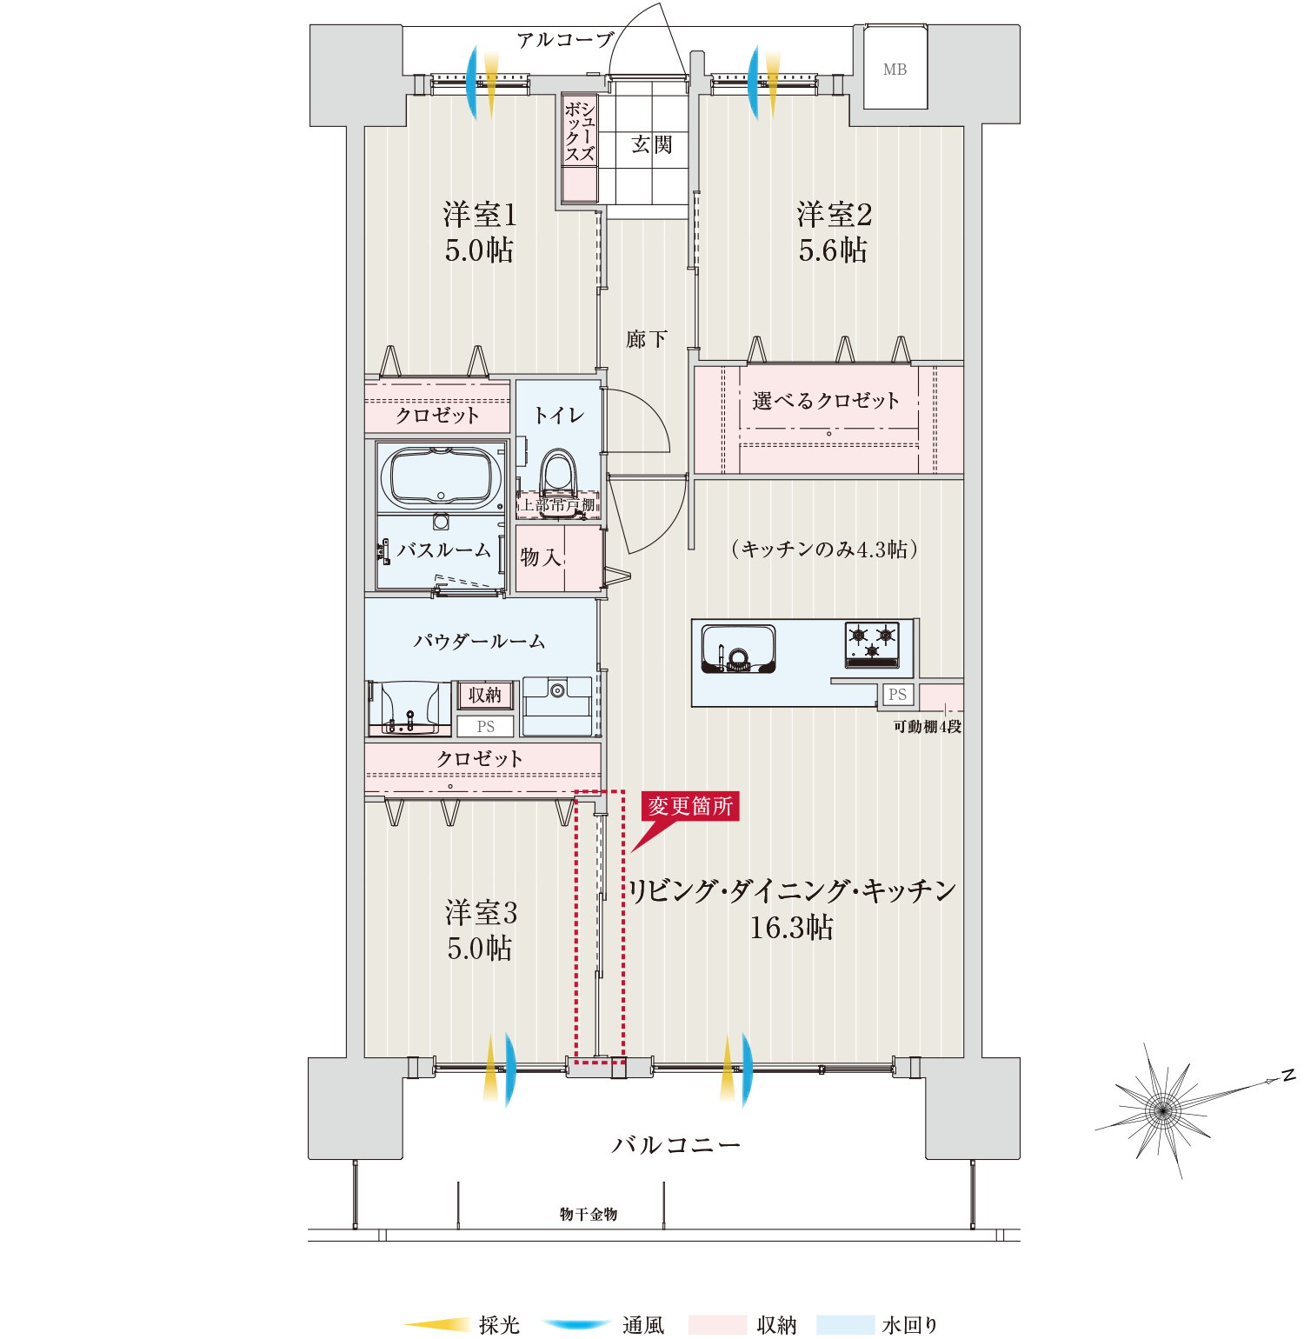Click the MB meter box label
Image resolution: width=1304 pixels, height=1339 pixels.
(x=895, y=70)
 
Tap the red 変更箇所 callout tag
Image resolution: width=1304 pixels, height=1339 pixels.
(x=690, y=806)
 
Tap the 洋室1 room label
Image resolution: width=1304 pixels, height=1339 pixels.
(x=479, y=214)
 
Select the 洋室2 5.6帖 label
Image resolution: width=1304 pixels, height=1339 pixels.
(x=834, y=232)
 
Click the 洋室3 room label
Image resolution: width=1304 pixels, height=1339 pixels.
(x=481, y=913)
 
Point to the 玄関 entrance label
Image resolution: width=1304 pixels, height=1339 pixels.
(x=652, y=144)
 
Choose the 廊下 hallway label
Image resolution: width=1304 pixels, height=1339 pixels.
(x=646, y=339)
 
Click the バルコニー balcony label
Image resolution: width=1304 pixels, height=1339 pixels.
(x=676, y=1145)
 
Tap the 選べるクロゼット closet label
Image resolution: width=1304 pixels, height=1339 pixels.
(x=826, y=401)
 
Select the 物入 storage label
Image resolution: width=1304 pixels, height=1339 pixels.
(x=541, y=557)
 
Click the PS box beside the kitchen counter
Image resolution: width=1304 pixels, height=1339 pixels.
(x=897, y=695)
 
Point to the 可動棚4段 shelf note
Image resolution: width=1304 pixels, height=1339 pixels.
(x=928, y=727)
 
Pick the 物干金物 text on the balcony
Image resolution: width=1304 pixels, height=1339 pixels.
(x=589, y=1214)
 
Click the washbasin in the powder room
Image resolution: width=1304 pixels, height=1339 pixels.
(x=409, y=708)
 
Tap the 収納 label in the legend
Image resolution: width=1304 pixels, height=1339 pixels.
(x=776, y=1324)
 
